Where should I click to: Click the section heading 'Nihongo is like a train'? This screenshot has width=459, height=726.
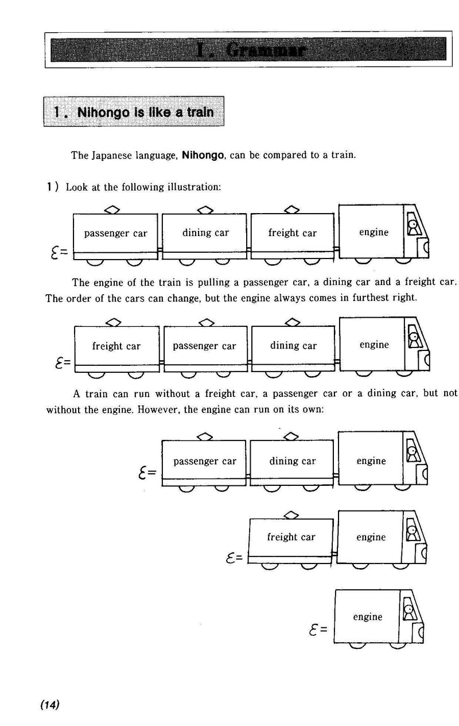134,112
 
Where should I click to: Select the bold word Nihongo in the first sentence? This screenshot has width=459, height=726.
202,156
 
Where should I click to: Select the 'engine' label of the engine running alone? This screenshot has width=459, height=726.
367,617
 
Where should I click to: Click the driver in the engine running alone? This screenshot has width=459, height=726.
409,611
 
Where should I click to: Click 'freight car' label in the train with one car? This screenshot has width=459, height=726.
291,538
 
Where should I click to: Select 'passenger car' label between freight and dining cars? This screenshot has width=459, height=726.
204,346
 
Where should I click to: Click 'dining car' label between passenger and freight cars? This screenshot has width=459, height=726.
205,233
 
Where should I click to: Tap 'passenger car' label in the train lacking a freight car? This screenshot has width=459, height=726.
204,461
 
